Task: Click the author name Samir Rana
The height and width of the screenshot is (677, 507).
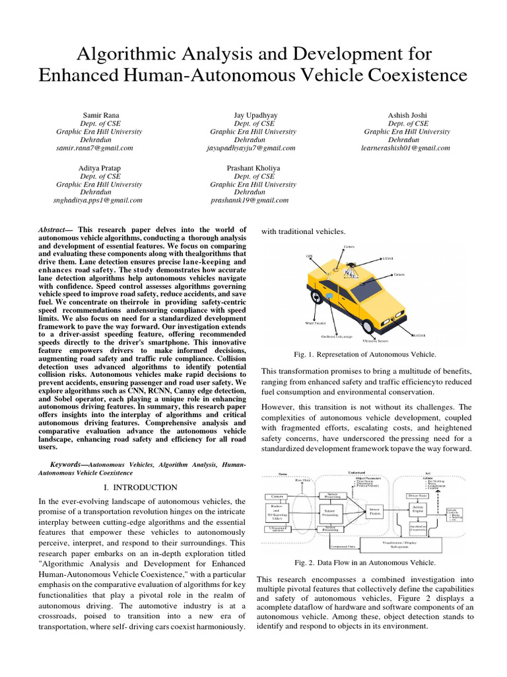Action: pyautogui.click(x=98, y=115)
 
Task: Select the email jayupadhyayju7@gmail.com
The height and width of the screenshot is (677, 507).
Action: pyautogui.click(x=250, y=148)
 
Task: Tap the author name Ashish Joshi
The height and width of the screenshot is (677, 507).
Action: pyautogui.click(x=407, y=115)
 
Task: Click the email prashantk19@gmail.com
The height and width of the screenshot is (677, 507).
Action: pyautogui.click(x=250, y=200)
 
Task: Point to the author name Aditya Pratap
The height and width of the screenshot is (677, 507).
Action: pyautogui.click(x=98, y=168)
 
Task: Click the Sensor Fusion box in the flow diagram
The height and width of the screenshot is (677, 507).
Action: pyautogui.click(x=375, y=510)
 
